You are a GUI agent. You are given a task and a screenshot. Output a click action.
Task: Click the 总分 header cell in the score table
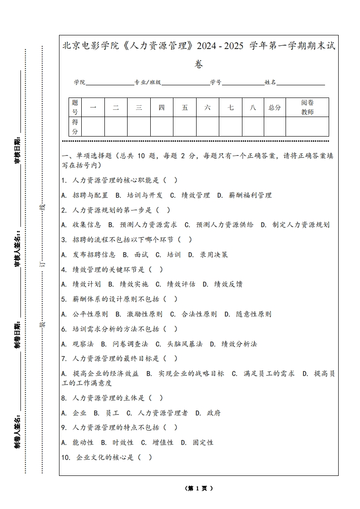tap(275, 108)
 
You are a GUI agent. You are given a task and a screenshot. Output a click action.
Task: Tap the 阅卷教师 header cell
tap(307, 108)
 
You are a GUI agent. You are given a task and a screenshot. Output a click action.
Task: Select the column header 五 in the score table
tap(185, 108)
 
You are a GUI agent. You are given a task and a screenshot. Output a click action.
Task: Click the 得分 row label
tap(75, 127)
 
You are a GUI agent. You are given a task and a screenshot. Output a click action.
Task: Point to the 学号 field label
tap(216, 83)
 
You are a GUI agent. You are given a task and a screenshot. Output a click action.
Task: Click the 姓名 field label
tap(270, 83)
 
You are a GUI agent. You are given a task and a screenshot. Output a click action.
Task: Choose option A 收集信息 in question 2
tap(81, 225)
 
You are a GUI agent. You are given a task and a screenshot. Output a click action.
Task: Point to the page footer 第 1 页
tap(199, 488)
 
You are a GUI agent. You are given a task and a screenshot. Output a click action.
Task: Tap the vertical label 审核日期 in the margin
tap(18, 150)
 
